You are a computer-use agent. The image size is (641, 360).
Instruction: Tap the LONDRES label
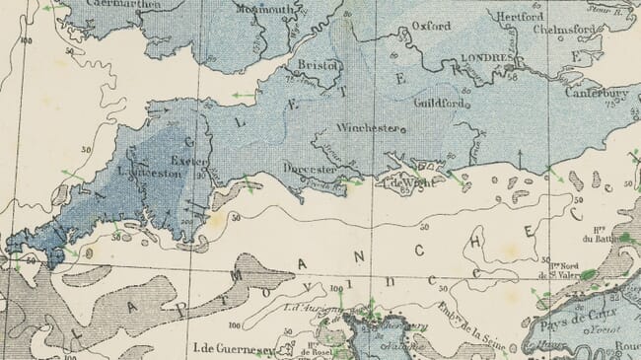(x=483, y=59)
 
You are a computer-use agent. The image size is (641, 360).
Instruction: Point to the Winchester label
(x=366, y=128)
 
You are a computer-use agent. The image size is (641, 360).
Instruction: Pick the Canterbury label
(x=597, y=94)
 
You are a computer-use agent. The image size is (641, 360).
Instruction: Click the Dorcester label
(x=311, y=169)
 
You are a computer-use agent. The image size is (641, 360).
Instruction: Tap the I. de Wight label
(x=403, y=181)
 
